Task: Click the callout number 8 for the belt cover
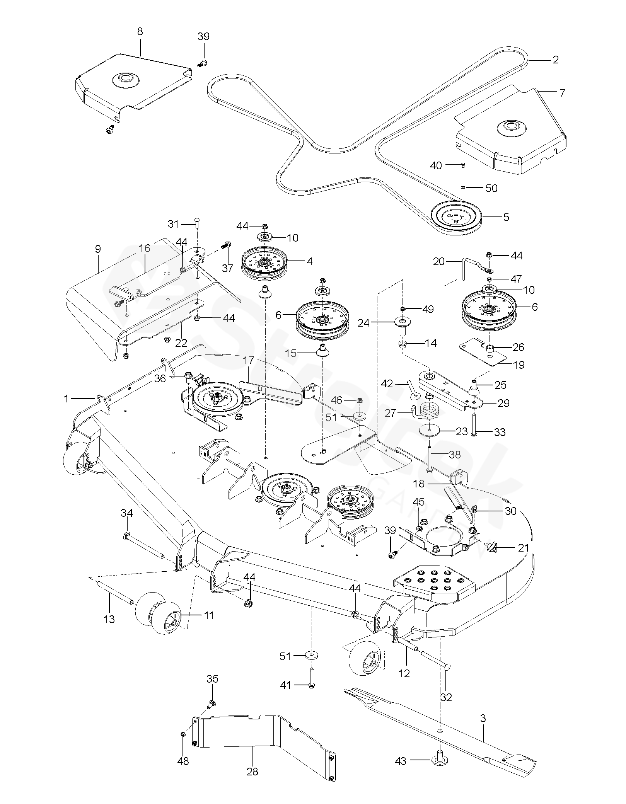point(140,31)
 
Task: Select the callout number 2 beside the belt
point(556,60)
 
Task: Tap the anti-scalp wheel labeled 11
point(159,618)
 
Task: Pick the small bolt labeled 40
point(463,165)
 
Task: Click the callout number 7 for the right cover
point(563,93)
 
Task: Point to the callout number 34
point(127,513)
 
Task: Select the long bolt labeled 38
point(430,458)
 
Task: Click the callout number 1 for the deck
point(66,398)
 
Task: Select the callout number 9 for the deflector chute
point(97,249)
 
